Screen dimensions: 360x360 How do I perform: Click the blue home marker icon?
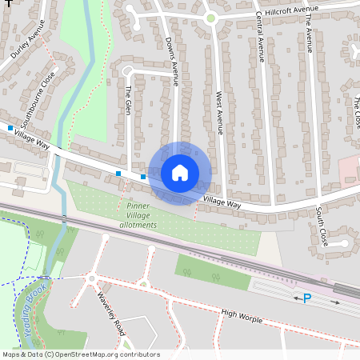pos(180,173)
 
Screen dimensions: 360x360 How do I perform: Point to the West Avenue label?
pos(218,111)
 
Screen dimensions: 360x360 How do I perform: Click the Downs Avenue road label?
pos(170,61)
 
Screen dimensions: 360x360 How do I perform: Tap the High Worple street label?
pos(242,317)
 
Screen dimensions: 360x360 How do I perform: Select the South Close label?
pos(320,226)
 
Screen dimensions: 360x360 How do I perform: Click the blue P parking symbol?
pos(306,298)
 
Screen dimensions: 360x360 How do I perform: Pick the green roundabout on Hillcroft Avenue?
pos(210,18)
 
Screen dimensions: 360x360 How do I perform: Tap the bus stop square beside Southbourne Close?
pos(10,128)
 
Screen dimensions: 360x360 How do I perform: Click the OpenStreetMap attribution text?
pos(81,354)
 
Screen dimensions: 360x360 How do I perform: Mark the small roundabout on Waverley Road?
pos(92,278)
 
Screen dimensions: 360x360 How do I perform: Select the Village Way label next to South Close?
pos(222,203)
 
